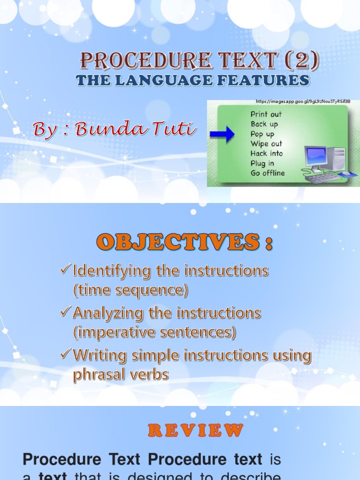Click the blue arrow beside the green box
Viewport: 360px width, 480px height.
[x=222, y=135]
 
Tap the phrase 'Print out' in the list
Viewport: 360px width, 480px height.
[x=266, y=114]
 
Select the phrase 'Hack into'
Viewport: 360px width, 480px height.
[x=266, y=153]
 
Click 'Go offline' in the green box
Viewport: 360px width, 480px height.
[x=267, y=173]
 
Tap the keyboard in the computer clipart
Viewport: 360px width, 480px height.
[x=323, y=178]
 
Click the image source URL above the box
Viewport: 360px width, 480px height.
[x=303, y=101]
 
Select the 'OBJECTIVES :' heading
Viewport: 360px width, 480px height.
[x=184, y=242]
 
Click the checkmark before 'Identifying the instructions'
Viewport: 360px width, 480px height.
[x=66, y=270]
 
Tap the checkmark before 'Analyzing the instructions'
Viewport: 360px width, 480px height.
[x=66, y=312]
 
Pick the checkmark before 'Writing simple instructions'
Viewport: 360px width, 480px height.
[x=66, y=354]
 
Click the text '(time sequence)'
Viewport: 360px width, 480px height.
[x=130, y=291]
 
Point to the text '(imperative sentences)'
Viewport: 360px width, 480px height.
[x=154, y=333]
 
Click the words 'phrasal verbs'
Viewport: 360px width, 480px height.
[x=120, y=375]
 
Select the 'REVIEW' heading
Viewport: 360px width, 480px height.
[x=195, y=430]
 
